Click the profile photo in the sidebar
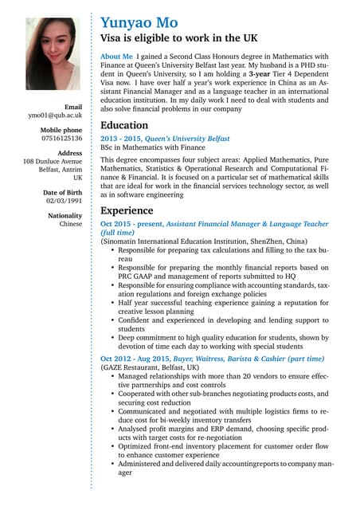coord(53,54)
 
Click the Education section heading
coord(124,125)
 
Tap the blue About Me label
coord(116,57)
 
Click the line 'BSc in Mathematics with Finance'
coord(156,148)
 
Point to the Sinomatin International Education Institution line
coord(204,241)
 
